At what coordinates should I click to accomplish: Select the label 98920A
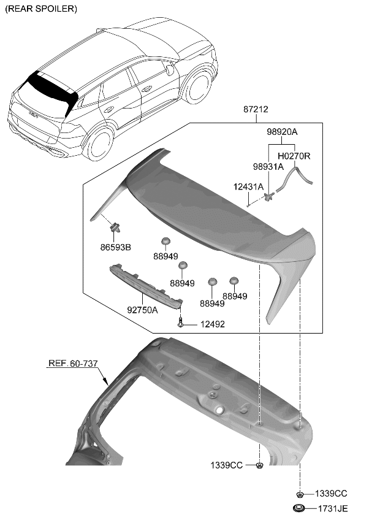(282, 132)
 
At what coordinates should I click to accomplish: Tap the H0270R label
(294, 156)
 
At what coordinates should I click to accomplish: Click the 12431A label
(248, 186)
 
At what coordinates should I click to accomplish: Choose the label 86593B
(116, 248)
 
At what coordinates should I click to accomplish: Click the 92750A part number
(143, 310)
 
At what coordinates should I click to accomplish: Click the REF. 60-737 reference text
(72, 364)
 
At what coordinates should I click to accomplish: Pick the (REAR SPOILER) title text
(40, 9)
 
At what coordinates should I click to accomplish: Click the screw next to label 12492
(181, 322)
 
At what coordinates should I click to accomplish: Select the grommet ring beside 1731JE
(300, 508)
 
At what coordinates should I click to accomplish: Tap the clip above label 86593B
(114, 228)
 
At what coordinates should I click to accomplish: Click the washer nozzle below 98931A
(268, 196)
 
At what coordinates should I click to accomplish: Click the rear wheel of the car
(99, 145)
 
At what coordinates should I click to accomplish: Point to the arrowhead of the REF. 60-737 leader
(106, 383)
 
